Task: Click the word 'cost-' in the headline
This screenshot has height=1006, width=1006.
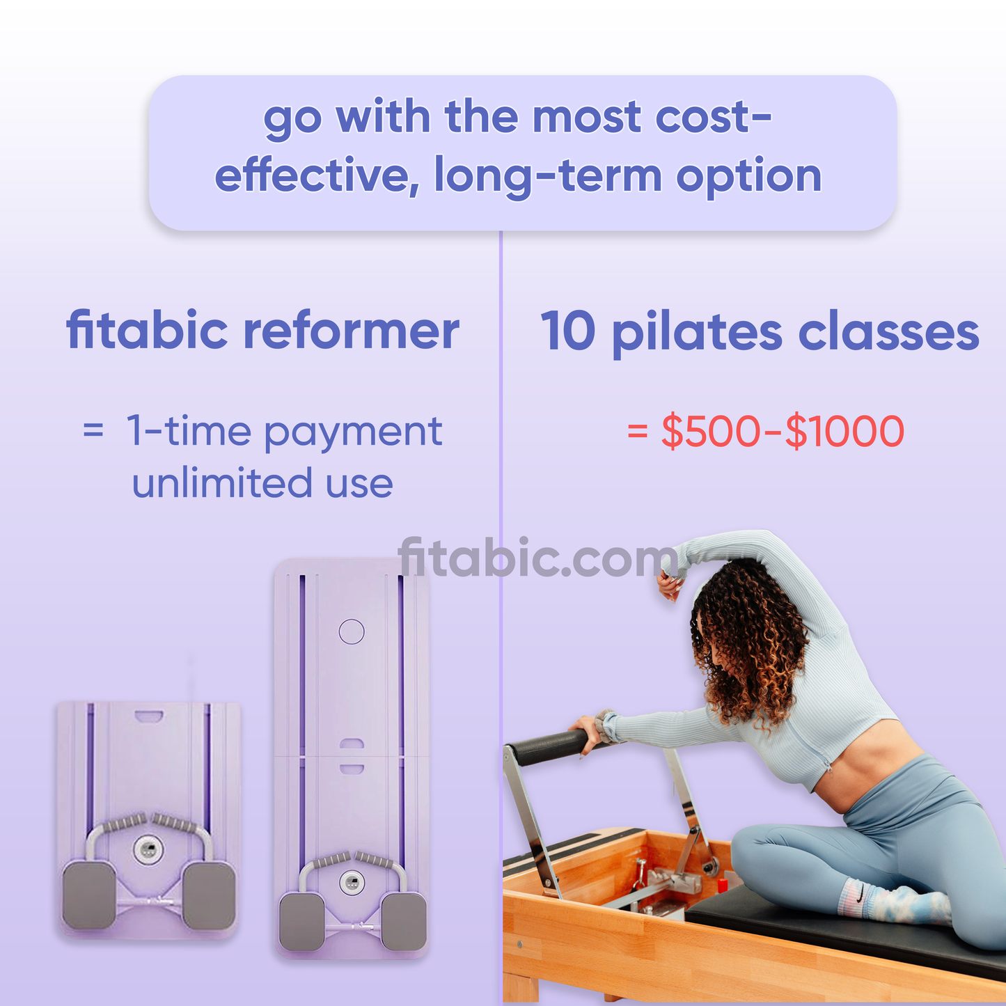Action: pyautogui.click(x=713, y=117)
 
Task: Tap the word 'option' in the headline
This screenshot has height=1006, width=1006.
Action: pyautogui.click(x=748, y=176)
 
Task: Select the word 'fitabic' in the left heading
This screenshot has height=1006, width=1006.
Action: pyautogui.click(x=147, y=330)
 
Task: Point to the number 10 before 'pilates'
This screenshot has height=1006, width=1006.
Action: pyautogui.click(x=567, y=331)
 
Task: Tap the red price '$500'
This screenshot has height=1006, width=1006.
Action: pyautogui.click(x=711, y=431)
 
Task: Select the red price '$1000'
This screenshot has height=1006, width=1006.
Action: pyautogui.click(x=844, y=431)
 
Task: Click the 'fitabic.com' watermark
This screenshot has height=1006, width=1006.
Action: pyautogui.click(x=537, y=557)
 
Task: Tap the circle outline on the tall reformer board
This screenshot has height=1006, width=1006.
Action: pyautogui.click(x=352, y=631)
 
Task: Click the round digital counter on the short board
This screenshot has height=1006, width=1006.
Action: pyautogui.click(x=149, y=849)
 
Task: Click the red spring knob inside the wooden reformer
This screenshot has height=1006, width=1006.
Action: pyautogui.click(x=722, y=884)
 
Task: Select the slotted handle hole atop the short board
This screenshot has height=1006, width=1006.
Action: pyautogui.click(x=149, y=716)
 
